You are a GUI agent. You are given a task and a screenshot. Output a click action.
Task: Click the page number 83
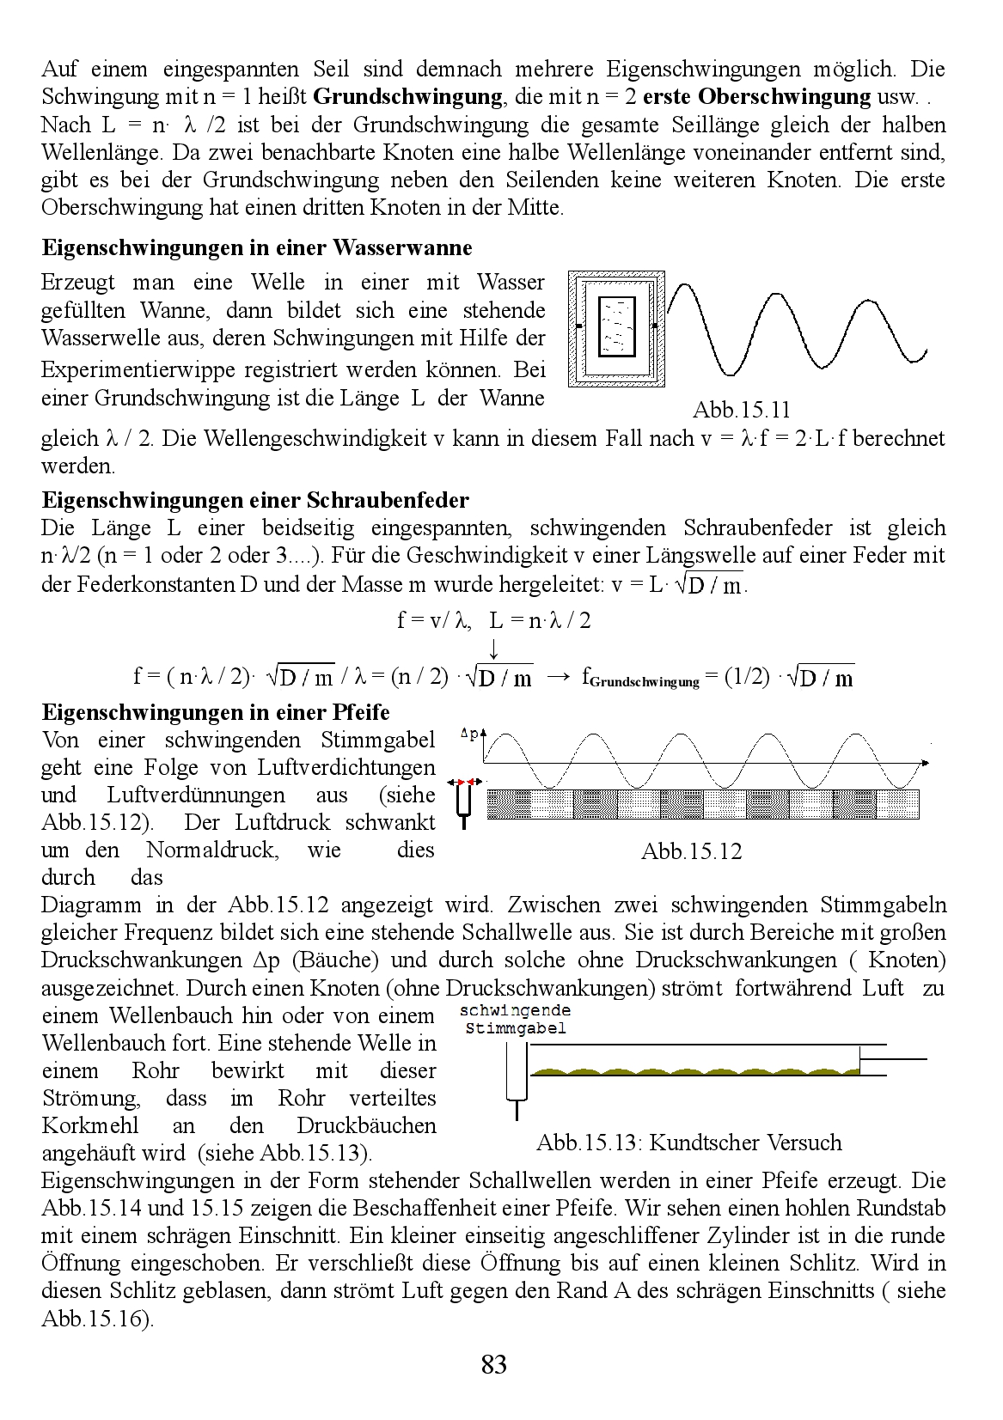[x=494, y=1364]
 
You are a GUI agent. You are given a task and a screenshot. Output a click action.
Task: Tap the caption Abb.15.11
[x=742, y=410]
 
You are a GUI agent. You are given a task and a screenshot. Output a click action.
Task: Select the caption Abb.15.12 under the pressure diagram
[x=691, y=851]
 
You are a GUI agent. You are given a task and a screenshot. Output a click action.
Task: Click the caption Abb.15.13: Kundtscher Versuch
[x=688, y=1143]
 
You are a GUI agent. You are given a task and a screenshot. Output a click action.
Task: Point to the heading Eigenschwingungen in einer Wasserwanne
[x=257, y=248]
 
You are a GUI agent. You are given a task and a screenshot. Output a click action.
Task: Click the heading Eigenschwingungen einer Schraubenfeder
[x=255, y=500]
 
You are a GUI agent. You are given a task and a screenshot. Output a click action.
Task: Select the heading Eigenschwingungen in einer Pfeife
[x=216, y=713]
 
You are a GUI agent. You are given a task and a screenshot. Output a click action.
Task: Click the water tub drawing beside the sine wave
[x=615, y=327]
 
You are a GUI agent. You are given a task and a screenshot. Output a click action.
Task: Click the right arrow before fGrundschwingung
[x=558, y=677]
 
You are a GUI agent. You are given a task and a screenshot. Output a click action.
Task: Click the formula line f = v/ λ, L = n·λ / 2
[x=493, y=620]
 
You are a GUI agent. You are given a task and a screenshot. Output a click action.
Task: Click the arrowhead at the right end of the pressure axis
[x=925, y=763]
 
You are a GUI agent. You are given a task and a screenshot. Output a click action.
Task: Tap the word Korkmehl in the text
[x=83, y=1125]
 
